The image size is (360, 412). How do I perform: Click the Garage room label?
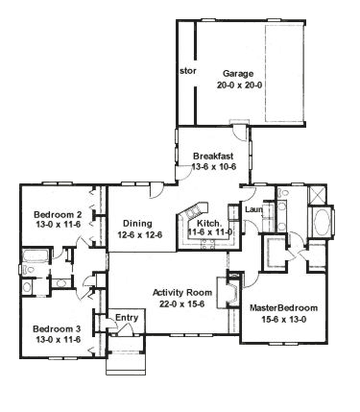(238, 74)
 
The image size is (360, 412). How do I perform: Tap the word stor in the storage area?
(188, 71)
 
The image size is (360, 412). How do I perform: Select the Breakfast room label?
(213, 157)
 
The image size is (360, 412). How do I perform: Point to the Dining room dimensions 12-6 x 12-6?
(140, 235)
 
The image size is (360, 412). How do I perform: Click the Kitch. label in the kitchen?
(209, 223)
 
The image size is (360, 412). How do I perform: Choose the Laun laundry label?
(253, 210)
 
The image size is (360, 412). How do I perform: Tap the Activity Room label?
(182, 293)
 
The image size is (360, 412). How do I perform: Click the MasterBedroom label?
(283, 308)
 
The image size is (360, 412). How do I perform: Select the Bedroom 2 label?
(58, 214)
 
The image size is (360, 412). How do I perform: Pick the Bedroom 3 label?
(57, 328)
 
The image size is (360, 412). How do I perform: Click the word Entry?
(127, 318)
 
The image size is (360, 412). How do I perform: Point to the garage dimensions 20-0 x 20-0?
(239, 85)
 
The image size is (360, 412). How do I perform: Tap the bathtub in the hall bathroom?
(36, 255)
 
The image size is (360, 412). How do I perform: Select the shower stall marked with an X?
(317, 195)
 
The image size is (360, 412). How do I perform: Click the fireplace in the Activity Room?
(228, 292)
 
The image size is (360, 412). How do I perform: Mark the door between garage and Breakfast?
(239, 131)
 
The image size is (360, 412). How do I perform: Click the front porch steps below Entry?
(126, 364)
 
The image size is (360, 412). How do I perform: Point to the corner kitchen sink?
(193, 211)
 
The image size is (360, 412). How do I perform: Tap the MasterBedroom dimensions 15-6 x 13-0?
(283, 319)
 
